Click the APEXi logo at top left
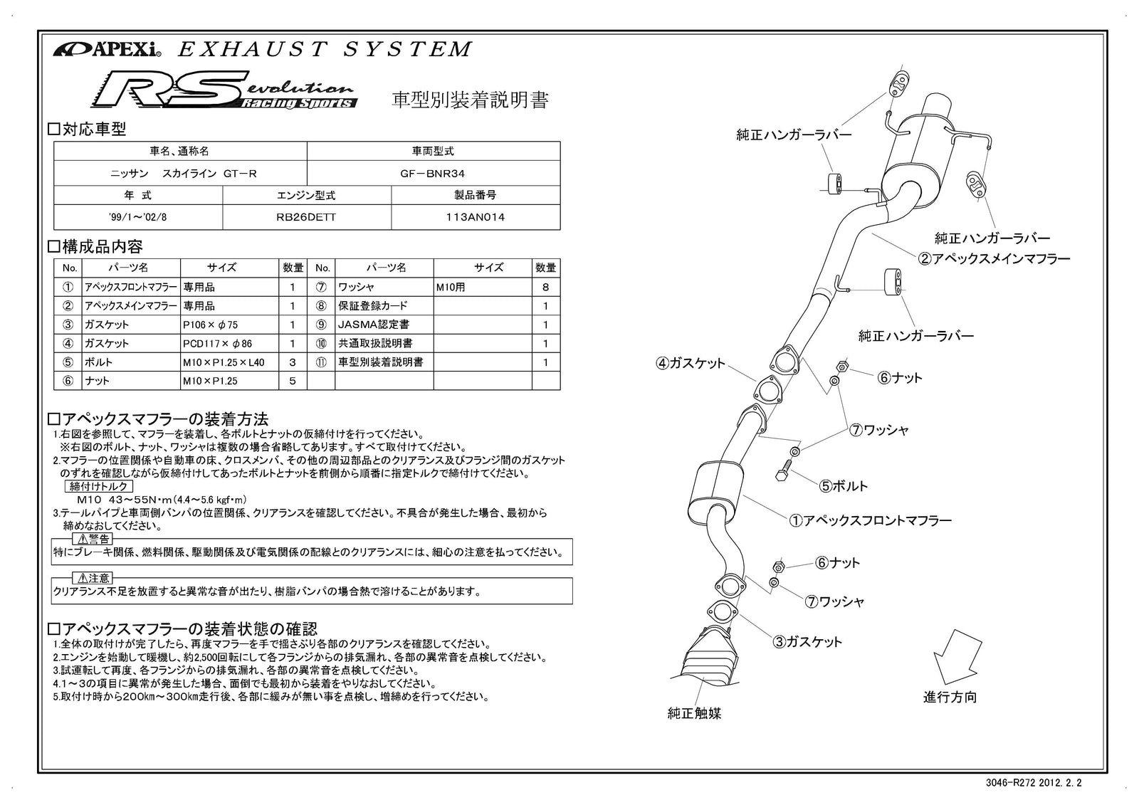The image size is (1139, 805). (x=107, y=50)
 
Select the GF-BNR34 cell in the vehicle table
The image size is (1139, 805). (x=433, y=173)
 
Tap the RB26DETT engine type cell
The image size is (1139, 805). (x=306, y=217)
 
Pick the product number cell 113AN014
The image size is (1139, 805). (x=475, y=217)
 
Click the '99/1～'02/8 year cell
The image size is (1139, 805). (x=138, y=217)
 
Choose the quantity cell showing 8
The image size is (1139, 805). (x=545, y=288)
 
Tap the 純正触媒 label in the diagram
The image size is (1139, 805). (x=694, y=712)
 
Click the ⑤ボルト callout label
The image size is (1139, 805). (x=844, y=486)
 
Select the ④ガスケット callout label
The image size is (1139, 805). (x=690, y=363)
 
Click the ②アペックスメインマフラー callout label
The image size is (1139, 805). (x=994, y=258)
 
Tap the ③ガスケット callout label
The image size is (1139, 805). (x=807, y=641)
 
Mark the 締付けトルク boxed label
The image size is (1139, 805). (x=99, y=486)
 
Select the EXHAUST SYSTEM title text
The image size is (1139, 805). (x=324, y=49)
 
